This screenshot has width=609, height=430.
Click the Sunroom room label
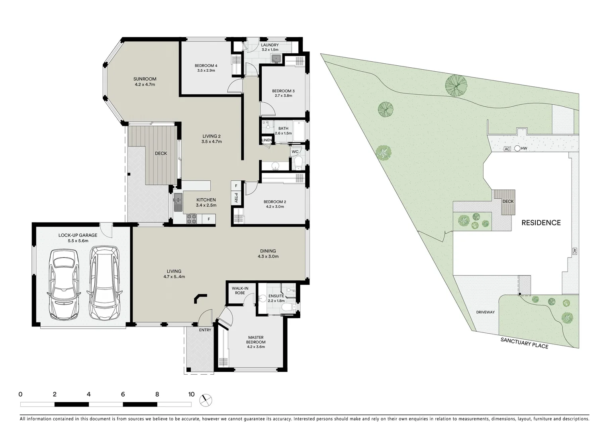[x=145, y=82]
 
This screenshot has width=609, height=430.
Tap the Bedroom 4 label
[x=206, y=68]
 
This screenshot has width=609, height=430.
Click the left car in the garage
[x=64, y=286]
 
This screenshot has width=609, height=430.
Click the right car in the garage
[x=104, y=283]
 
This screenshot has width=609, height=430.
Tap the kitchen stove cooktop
[x=192, y=219]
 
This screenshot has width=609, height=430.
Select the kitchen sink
[x=178, y=202]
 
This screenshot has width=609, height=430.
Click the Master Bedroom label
[x=256, y=342]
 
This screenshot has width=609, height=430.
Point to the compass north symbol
[x=206, y=399]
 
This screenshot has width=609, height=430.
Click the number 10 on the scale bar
[x=191, y=395]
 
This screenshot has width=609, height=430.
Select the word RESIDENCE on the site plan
[x=541, y=223]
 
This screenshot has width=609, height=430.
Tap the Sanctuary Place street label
[x=524, y=342]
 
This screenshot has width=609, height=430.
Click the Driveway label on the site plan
[x=485, y=312]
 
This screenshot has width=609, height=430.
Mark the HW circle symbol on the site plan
[x=517, y=149]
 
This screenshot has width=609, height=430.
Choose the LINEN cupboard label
[x=266, y=141]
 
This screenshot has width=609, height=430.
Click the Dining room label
[x=268, y=254]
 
